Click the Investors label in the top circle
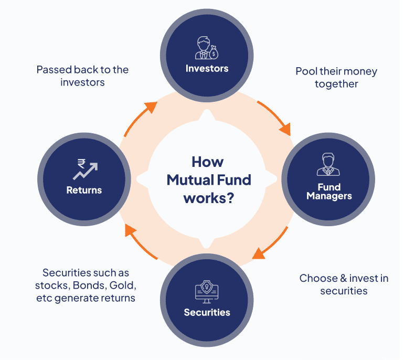point(207,69)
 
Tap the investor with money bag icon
point(207,48)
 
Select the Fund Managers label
point(329,192)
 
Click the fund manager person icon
point(328,164)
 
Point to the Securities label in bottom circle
point(207,312)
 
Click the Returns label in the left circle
point(84,190)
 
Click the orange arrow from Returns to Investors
point(139,119)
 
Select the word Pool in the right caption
point(306,71)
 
